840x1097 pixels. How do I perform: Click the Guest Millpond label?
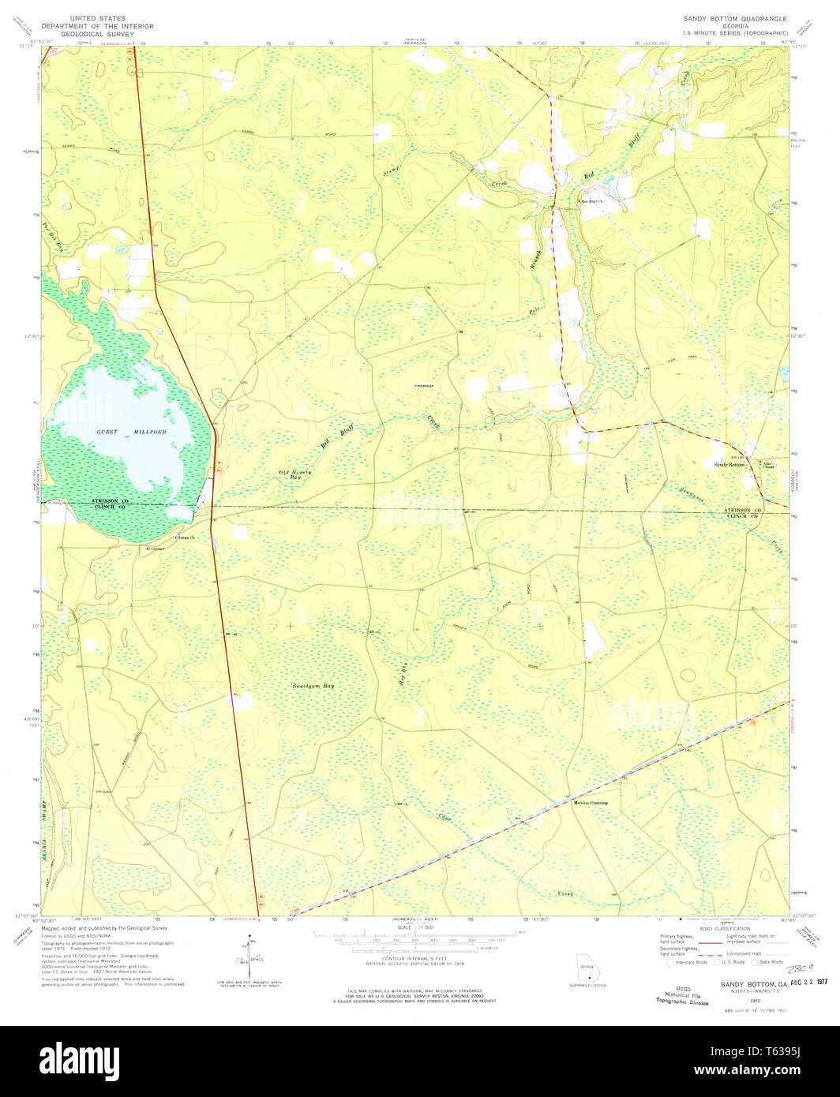tap(123, 432)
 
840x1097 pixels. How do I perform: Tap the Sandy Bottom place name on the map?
tap(730, 465)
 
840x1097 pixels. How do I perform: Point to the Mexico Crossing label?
tap(590, 803)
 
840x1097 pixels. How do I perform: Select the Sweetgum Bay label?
tap(313, 687)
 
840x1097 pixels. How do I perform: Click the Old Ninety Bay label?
tap(295, 475)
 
